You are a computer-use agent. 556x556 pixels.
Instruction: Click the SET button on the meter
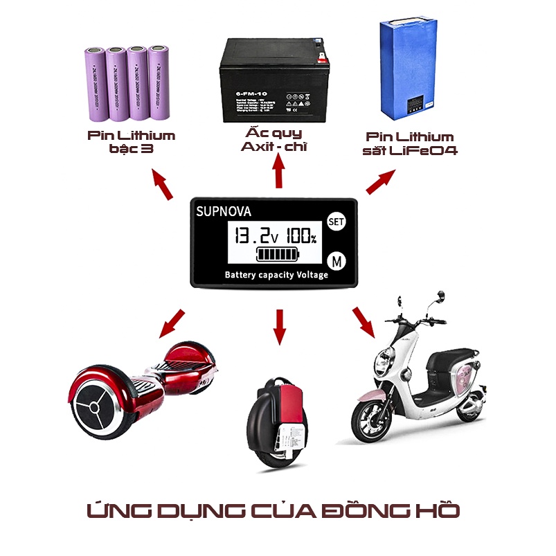point(335,222)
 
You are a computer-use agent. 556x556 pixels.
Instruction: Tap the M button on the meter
point(336,262)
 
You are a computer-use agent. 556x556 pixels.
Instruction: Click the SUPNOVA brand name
point(223,211)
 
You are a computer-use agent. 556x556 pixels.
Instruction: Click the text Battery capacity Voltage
point(276,275)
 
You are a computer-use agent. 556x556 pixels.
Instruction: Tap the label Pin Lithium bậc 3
point(132,142)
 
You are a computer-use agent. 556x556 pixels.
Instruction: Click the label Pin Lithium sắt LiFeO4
point(410,143)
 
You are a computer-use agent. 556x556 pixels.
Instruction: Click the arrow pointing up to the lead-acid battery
point(279,172)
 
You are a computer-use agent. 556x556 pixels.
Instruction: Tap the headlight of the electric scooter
point(382,360)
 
